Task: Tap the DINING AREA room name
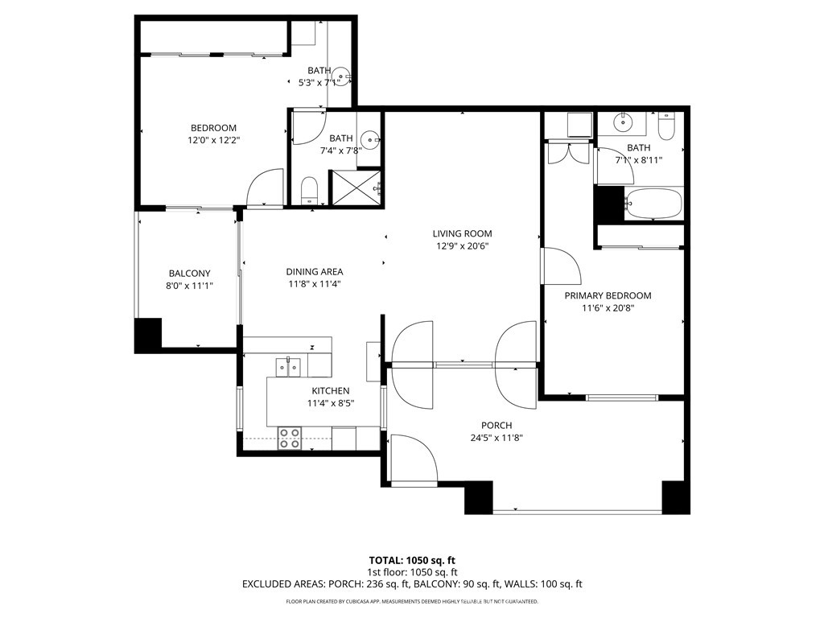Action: (x=315, y=272)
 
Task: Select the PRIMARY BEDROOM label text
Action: (x=608, y=295)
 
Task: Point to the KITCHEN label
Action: (x=331, y=391)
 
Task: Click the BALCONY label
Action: (x=189, y=274)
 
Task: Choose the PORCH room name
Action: (x=496, y=426)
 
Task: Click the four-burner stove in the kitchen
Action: (x=290, y=438)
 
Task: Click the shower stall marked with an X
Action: (x=353, y=188)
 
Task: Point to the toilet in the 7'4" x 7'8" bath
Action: (x=310, y=191)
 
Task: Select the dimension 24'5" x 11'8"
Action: (x=496, y=439)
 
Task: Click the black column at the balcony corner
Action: (x=148, y=336)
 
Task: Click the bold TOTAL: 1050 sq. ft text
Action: (x=412, y=560)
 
